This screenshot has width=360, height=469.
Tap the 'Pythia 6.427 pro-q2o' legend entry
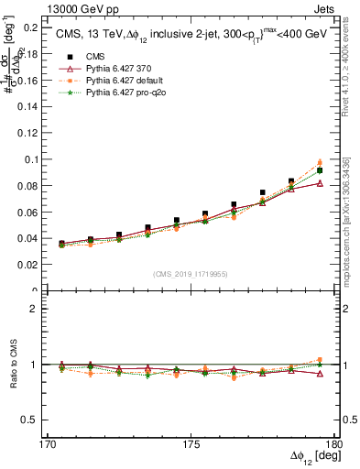pos(129,93)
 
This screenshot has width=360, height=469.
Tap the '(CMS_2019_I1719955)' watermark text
pos(191,273)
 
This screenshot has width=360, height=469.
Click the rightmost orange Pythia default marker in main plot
pos(320,162)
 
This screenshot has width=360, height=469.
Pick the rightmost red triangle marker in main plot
pos(320,183)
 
